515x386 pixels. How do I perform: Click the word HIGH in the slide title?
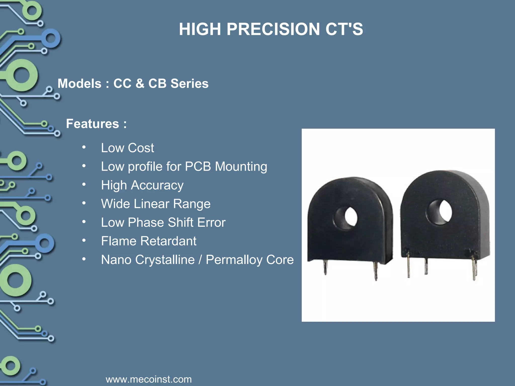point(200,29)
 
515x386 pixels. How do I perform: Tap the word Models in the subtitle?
point(79,83)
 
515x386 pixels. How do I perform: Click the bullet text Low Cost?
point(127,148)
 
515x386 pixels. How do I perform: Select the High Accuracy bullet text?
point(142,185)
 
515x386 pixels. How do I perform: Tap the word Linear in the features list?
point(151,204)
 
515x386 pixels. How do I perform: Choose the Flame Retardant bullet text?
point(149,241)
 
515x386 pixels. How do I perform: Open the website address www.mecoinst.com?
point(149,379)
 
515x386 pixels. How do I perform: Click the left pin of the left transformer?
point(325,268)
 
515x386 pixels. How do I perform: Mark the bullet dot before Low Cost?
point(84,147)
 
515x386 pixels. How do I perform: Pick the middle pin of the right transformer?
point(426,266)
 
